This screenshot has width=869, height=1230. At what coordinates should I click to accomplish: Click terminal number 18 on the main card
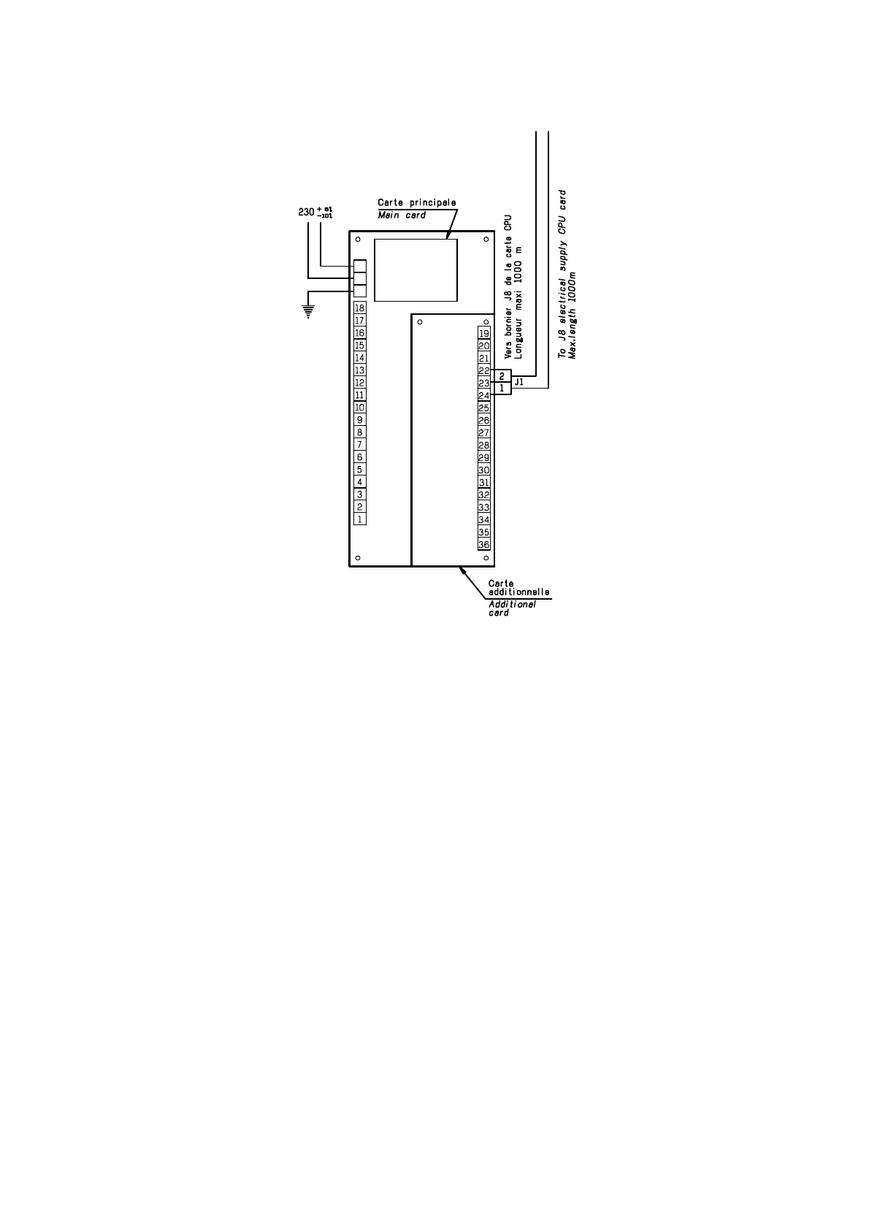coord(359,308)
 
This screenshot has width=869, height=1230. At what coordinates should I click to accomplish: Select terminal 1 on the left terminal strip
coord(359,519)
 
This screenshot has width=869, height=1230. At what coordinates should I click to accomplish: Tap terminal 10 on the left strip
coord(359,408)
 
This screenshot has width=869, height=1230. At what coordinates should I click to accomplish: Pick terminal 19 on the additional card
coord(483,334)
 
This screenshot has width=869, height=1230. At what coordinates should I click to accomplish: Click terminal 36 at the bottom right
coord(483,545)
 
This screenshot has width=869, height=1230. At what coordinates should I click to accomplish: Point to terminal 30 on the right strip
coord(483,470)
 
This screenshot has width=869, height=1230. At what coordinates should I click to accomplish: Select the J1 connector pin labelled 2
coord(502,376)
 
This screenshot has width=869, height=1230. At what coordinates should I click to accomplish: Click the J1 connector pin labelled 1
coord(502,389)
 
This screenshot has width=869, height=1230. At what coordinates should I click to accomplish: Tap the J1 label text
coord(519,382)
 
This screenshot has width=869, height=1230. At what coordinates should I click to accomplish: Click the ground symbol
coord(309,311)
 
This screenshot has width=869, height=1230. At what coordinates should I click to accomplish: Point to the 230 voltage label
coord(307,212)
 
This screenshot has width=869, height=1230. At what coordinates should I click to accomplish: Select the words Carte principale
coord(417,202)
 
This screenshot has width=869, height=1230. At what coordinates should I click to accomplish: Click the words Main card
coord(402,215)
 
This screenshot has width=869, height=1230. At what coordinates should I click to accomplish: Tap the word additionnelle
coord(519,592)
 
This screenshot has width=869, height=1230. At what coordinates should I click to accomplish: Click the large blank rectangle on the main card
coord(416,270)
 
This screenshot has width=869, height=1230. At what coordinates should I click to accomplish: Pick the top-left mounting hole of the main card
coord(357,240)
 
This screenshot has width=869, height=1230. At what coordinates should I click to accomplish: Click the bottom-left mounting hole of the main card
coord(357,558)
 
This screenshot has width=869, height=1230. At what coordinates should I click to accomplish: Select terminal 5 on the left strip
coord(359,470)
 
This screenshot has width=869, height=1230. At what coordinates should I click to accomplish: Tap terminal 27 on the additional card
coord(483,433)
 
